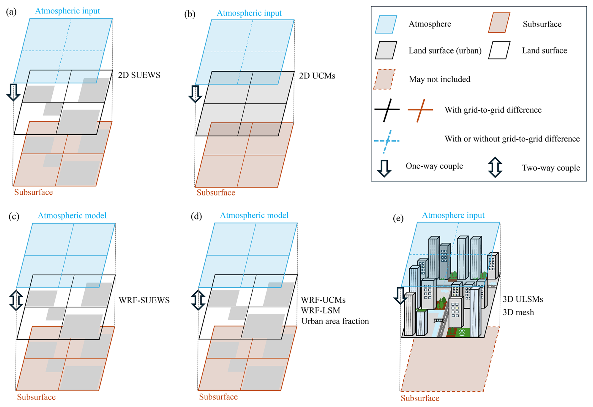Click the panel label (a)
click(11, 12)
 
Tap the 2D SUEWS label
click(139, 75)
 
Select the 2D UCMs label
click(317, 76)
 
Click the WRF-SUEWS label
click(144, 300)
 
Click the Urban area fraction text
click(335, 321)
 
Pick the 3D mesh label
click(518, 312)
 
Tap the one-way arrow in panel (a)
click(13, 92)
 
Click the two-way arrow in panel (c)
click(16, 300)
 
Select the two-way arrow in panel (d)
click(198, 300)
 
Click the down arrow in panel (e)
click(400, 295)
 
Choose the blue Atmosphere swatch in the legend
click(386, 24)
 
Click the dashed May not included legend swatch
click(384, 79)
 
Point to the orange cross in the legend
click(420, 110)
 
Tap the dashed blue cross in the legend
click(387, 141)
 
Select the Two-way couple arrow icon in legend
click(495, 167)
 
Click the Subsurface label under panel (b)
click(216, 193)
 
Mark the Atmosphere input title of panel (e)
click(453, 215)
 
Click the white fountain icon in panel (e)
click(462, 332)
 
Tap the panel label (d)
click(196, 216)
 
